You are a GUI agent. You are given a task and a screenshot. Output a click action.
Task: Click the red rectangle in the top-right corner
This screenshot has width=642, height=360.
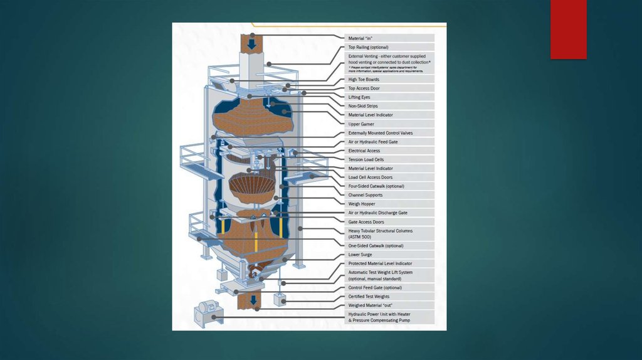pyautogui.click(x=568, y=29)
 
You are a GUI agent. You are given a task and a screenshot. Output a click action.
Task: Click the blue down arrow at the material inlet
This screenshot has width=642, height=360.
pyautogui.click(x=251, y=45)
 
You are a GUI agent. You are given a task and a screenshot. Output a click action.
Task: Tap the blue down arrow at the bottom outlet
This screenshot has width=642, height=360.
pyautogui.click(x=253, y=300)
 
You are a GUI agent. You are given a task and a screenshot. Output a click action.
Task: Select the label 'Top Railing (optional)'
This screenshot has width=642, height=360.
pyautogui.click(x=369, y=47)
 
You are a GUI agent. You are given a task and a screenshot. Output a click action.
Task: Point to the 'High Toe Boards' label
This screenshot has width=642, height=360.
pyautogui.click(x=364, y=80)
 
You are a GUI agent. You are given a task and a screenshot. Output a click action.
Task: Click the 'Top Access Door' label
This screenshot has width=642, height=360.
pyautogui.click(x=364, y=88)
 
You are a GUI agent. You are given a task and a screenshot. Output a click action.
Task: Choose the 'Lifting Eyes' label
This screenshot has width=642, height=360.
pyautogui.click(x=359, y=97)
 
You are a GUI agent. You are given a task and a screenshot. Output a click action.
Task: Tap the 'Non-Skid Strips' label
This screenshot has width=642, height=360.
pyautogui.click(x=363, y=106)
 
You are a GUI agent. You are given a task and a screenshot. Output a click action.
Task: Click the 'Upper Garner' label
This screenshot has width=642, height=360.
pyautogui.click(x=361, y=124)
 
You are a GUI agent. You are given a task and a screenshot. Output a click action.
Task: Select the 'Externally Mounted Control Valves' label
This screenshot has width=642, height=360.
pyautogui.click(x=381, y=133)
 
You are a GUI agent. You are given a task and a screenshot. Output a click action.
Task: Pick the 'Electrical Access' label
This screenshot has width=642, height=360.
pyautogui.click(x=364, y=151)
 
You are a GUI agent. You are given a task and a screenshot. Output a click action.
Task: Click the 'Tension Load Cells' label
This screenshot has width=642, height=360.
pyautogui.click(x=366, y=159)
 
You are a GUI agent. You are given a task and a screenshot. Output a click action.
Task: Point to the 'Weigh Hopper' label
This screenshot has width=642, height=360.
pyautogui.click(x=361, y=204)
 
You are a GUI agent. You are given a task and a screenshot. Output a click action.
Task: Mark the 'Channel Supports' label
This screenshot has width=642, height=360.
pyautogui.click(x=366, y=195)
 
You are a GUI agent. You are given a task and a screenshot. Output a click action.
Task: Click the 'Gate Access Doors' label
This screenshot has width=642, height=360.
pyautogui.click(x=366, y=222)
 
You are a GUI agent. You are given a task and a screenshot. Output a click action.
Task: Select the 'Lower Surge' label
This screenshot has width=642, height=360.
pyautogui.click(x=360, y=255)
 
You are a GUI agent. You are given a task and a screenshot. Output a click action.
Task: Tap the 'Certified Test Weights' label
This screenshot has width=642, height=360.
pyautogui.click(x=369, y=297)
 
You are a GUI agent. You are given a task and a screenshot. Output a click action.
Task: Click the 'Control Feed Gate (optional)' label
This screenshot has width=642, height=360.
pyautogui.click(x=375, y=287)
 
